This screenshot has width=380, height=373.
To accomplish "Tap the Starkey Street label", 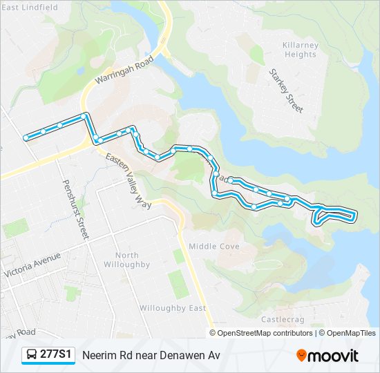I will pos(286,90).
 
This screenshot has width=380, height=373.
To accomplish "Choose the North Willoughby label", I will pos(126,260).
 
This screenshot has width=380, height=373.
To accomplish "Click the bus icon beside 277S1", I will pos(32,355).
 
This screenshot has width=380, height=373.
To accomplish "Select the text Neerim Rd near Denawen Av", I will pos(151,355).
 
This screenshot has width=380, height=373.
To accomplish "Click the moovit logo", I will pos(327,355).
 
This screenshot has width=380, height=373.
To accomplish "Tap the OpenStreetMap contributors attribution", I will pos(265,333).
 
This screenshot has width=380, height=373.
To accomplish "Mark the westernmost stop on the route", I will pos(26,137).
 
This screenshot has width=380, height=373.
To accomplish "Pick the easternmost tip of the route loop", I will pos(356,216).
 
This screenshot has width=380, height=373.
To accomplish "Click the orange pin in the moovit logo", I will pos(302,356).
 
